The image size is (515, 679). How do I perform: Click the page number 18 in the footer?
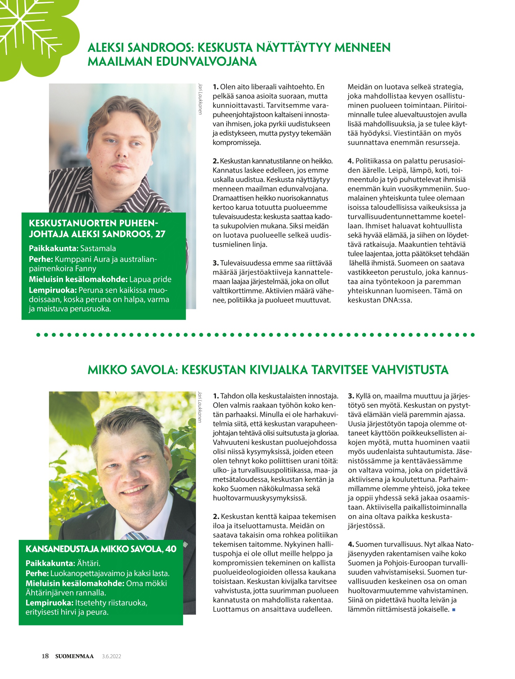pyautogui.click(x=45, y=656)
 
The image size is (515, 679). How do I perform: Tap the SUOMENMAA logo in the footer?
pyautogui.click(x=74, y=656)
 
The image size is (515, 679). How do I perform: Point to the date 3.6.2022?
pyautogui.click(x=111, y=656)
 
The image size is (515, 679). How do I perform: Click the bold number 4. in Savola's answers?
pyautogui.click(x=351, y=544)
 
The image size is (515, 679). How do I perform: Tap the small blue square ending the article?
pyautogui.click(x=454, y=609)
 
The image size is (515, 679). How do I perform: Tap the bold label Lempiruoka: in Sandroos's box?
pyautogui.click(x=53, y=290)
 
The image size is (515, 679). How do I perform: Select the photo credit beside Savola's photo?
pyautogui.click(x=200, y=407)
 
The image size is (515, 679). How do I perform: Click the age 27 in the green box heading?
pyautogui.click(x=160, y=234)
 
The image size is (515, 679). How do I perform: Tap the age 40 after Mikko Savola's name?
pyautogui.click(x=171, y=549)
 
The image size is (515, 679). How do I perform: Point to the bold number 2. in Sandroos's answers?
pyautogui.click(x=215, y=161)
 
